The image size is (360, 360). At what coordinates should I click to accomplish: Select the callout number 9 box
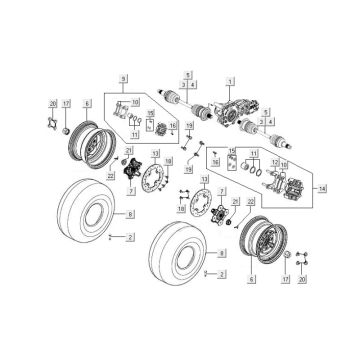[x=124, y=77]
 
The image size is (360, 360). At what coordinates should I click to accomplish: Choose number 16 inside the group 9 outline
[x=171, y=125]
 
